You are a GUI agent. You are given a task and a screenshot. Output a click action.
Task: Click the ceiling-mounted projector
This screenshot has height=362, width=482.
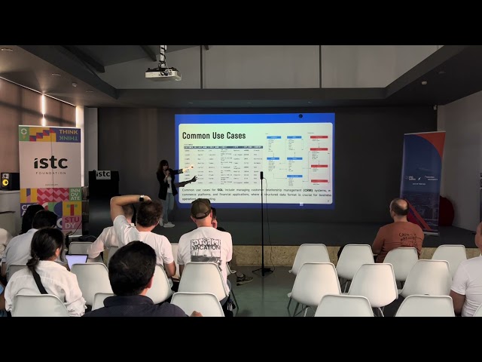click(x=163, y=74)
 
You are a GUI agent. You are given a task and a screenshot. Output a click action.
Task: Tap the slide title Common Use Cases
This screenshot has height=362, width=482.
click(x=213, y=136)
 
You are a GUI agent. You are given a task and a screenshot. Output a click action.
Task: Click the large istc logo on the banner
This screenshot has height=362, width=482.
click(x=50, y=163)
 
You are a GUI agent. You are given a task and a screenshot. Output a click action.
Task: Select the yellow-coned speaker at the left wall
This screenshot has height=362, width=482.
click(x=6, y=181)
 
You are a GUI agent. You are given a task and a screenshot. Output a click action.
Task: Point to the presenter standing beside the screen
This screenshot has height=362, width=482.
click(x=165, y=191)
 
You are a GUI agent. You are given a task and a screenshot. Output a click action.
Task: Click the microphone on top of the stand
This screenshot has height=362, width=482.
click(x=262, y=175)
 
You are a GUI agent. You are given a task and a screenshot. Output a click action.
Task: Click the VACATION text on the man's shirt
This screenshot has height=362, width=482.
click(x=204, y=245)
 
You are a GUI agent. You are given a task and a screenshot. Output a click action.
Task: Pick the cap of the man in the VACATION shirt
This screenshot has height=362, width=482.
click(x=200, y=207)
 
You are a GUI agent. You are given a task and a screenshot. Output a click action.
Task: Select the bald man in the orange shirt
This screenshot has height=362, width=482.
click(x=398, y=229)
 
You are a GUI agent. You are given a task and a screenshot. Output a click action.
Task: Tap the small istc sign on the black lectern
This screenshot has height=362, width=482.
click(x=103, y=174)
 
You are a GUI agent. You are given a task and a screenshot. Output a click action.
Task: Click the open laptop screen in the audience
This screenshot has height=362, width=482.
click(x=76, y=260)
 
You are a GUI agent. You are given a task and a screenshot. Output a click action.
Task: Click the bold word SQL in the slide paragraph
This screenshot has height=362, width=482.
click(x=221, y=189)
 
